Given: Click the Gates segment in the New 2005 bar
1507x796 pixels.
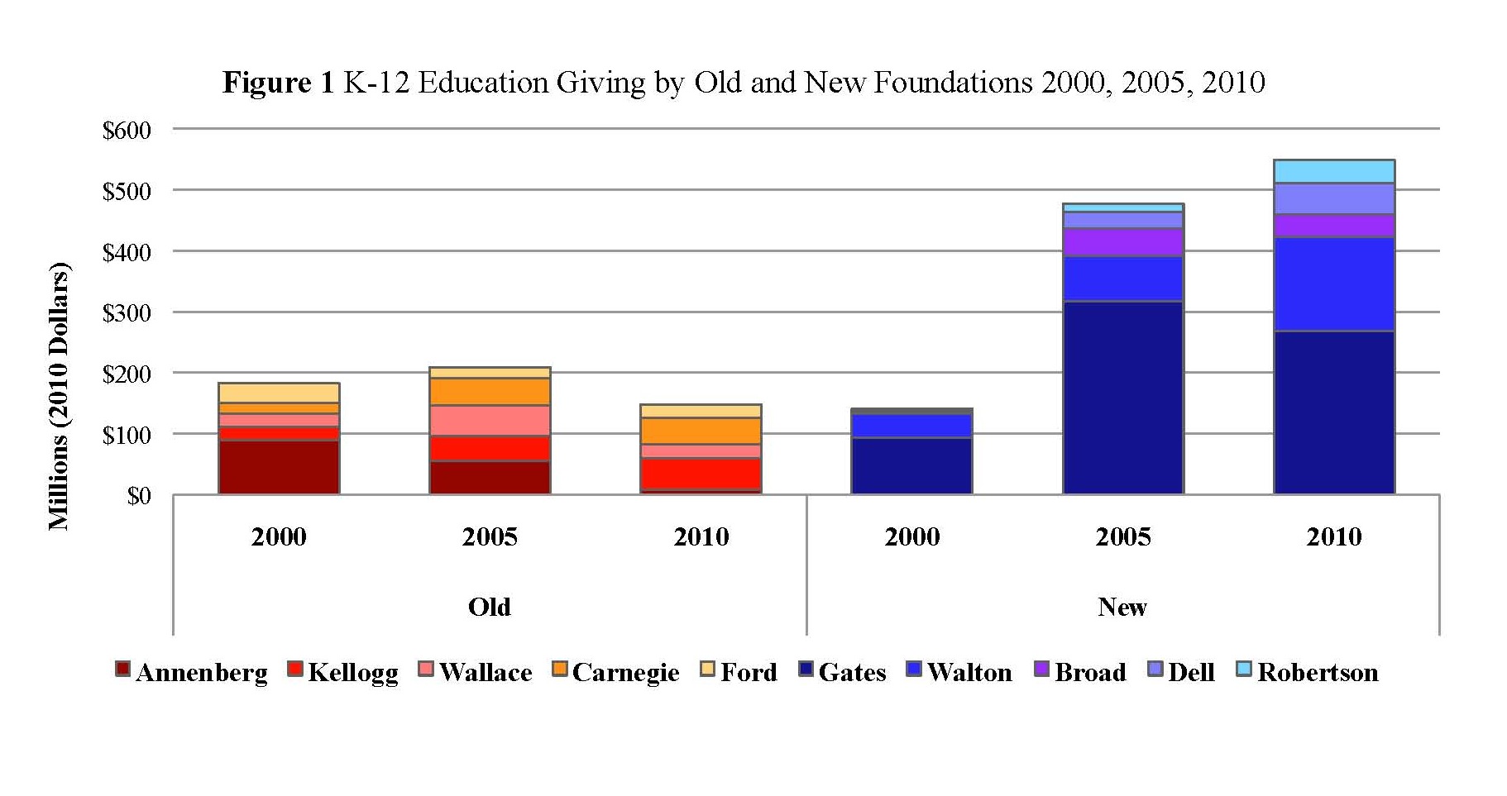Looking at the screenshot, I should [x=1122, y=398].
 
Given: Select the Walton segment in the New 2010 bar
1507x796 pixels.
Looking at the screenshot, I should [x=1333, y=284].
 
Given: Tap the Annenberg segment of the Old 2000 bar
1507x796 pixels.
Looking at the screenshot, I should [x=279, y=467].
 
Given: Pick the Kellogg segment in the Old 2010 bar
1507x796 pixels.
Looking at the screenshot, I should [x=701, y=474].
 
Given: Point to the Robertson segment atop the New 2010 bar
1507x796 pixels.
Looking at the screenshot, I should [x=1333, y=171].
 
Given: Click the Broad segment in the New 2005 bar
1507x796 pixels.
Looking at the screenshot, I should [x=1122, y=242].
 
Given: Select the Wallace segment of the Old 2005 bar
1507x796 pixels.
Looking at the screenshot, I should [x=490, y=421].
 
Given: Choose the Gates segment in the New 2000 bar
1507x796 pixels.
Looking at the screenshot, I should [x=911, y=465].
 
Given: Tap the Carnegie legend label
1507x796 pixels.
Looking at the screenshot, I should [x=625, y=673].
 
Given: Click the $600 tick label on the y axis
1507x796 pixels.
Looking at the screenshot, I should [x=127, y=131].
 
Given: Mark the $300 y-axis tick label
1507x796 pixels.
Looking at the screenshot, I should [x=127, y=313].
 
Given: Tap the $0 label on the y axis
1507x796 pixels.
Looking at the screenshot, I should [x=138, y=496].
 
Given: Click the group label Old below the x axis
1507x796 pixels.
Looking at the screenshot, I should [x=490, y=608].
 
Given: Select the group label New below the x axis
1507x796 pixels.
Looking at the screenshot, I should [x=1122, y=608].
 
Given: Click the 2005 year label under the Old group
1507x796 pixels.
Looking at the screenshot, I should [x=490, y=537].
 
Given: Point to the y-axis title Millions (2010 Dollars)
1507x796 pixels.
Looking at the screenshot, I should [x=58, y=396].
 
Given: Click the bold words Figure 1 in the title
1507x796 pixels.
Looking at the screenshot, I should [x=278, y=83].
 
